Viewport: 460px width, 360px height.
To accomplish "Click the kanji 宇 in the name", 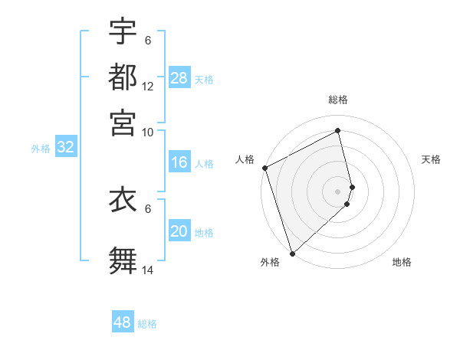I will point(123,31).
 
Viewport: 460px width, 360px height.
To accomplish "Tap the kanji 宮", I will point(123,120).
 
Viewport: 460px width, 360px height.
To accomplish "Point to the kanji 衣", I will point(123,201).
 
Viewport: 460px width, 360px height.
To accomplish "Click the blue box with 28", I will point(179,78).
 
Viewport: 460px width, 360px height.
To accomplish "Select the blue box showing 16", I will point(179,162).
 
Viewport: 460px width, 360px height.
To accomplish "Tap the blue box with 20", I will point(179,231).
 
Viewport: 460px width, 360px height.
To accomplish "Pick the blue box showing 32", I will point(66,148).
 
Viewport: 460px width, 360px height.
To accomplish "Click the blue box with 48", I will point(123,322).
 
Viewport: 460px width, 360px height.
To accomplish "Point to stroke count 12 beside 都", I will point(148,87).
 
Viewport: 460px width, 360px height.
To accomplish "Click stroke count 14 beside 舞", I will point(148,270).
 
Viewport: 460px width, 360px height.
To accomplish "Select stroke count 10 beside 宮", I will point(148,131).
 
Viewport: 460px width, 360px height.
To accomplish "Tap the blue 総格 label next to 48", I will point(147,324).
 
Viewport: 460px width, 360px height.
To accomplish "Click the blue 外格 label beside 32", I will point(41,149).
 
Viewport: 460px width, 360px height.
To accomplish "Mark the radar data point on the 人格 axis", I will point(264,168).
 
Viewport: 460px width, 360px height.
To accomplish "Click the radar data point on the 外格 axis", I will point(292,253).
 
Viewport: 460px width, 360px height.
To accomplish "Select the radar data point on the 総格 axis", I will point(338,131).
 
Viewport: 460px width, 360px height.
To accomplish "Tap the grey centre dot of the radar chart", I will point(338,191).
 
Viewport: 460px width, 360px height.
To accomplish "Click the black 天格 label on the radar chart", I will point(431,159).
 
